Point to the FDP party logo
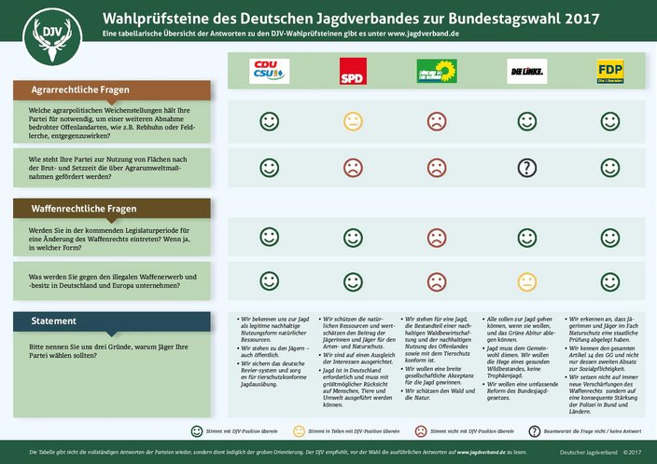[x=609, y=72]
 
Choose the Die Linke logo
[x=526, y=72]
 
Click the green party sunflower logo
[x=436, y=71]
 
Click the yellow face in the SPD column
[x=352, y=120]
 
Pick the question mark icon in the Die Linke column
[x=526, y=168]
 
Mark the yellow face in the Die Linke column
[x=526, y=281]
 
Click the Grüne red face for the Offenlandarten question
[x=436, y=120]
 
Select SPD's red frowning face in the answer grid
[x=352, y=168]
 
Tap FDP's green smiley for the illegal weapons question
[x=609, y=281]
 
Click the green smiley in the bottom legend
[x=197, y=431]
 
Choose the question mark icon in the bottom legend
[x=535, y=431]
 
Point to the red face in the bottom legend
[x=420, y=431]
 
